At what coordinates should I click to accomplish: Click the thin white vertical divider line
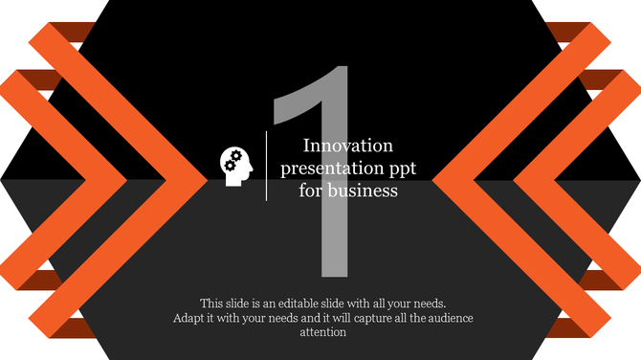point(266,166)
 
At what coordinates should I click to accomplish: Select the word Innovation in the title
point(348,146)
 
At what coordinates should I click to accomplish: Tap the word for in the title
point(310,190)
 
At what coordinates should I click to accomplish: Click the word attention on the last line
point(323,332)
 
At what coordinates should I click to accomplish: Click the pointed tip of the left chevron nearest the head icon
point(205,179)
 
